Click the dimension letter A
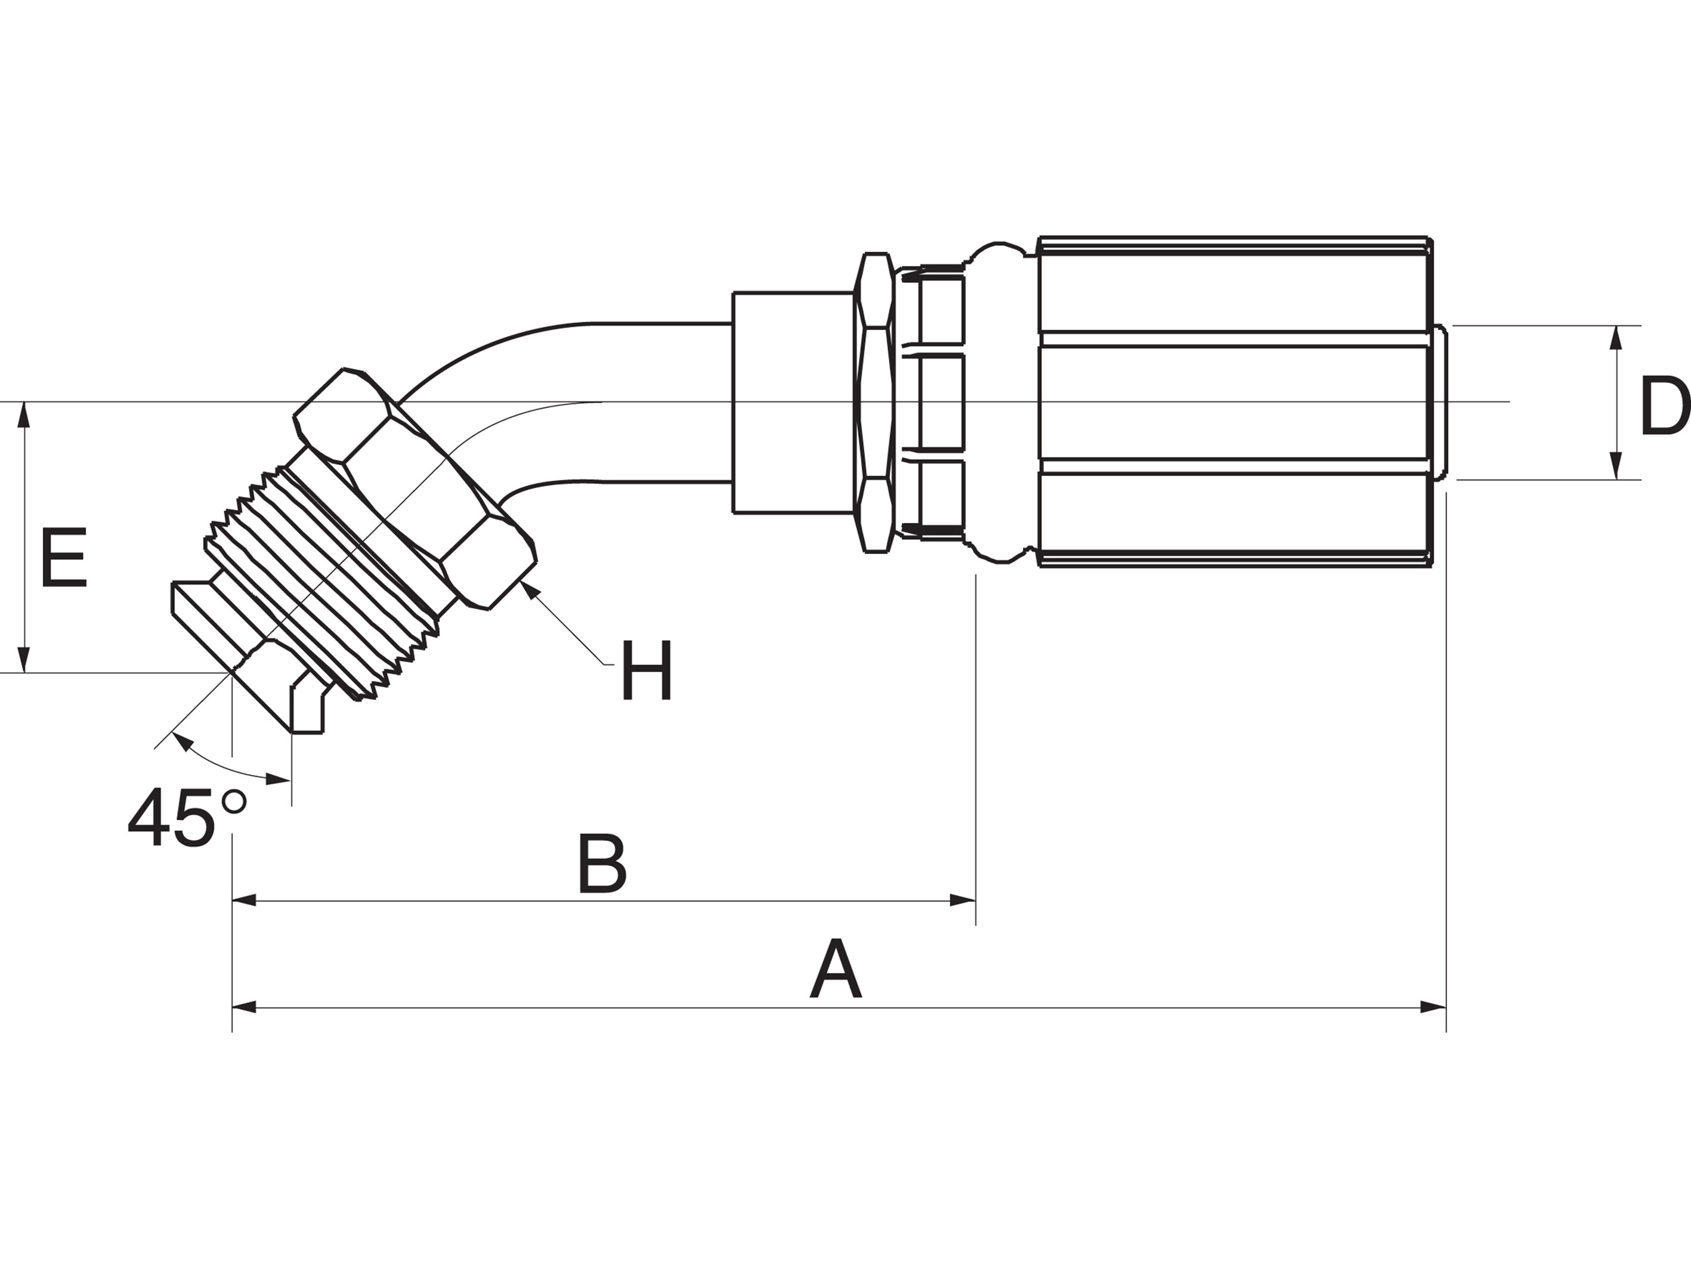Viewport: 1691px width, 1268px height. [836, 970]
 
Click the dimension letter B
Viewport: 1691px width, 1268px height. [602, 864]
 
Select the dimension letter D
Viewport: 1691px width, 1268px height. [1664, 407]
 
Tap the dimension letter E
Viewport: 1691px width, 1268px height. [64, 557]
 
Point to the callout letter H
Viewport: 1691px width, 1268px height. [647, 670]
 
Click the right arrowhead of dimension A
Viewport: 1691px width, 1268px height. [1433, 1007]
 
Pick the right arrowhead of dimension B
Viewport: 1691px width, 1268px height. [963, 901]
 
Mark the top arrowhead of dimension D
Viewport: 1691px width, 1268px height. [1616, 339]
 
